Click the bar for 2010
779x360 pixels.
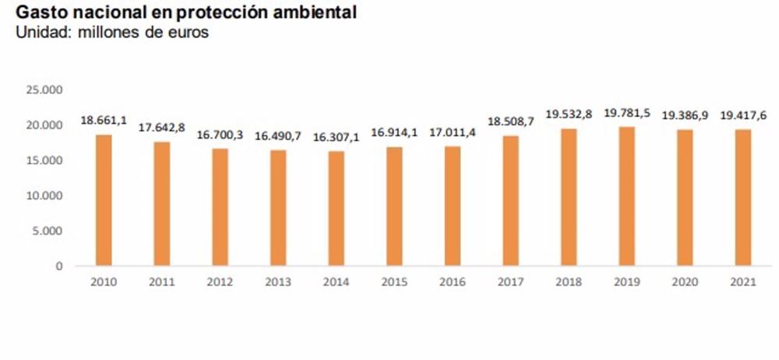point(104,200)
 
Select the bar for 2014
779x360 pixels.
point(336,209)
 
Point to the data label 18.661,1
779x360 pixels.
point(104,121)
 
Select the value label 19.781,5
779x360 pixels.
point(626,113)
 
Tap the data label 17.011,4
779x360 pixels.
point(453,132)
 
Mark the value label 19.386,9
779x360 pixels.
point(685,115)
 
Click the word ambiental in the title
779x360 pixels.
point(322,13)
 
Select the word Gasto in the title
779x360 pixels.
point(39,13)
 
